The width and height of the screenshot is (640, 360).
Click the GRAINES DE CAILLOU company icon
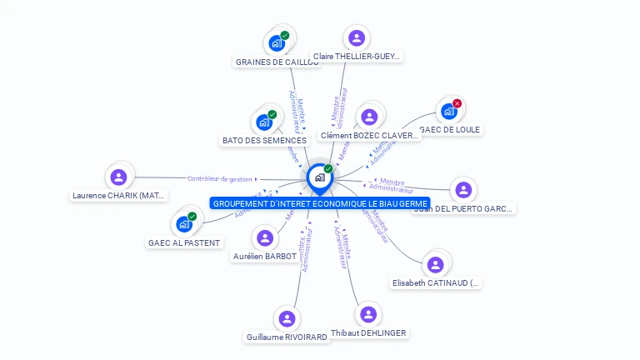pyautogui.click(x=277, y=42)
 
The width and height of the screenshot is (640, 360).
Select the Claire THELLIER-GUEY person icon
pyautogui.click(x=357, y=37)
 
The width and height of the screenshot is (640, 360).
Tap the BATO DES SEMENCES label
pyautogui.click(x=265, y=140)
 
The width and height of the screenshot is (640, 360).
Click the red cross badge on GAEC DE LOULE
pyautogui.click(x=457, y=103)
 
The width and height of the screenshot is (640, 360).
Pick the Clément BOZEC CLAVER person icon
pyautogui.click(x=369, y=117)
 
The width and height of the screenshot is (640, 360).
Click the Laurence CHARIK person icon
pyautogui.click(x=118, y=177)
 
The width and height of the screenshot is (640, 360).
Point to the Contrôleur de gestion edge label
pyautogui.click(x=219, y=178)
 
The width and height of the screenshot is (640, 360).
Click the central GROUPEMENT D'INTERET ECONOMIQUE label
pyautogui.click(x=320, y=203)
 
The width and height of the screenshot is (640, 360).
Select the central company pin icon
pyautogui.click(x=319, y=177)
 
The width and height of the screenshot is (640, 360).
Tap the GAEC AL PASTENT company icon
pyautogui.click(x=184, y=224)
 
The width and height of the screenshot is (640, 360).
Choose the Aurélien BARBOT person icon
pyautogui.click(x=265, y=238)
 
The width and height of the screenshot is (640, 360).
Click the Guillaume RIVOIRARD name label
pyautogui.click(x=287, y=337)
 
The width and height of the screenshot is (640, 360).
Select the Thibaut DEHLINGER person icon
pyautogui.click(x=368, y=314)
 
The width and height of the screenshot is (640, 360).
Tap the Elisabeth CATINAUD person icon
pyautogui.click(x=435, y=265)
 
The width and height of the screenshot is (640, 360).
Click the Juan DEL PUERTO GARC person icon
pyautogui.click(x=463, y=190)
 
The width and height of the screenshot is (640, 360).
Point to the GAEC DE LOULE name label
pyautogui.click(x=451, y=130)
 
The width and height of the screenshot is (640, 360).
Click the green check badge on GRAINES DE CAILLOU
pyautogui.click(x=285, y=36)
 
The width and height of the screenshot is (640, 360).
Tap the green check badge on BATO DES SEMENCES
pyautogui.click(x=272, y=115)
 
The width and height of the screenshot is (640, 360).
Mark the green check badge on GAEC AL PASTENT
pyautogui.click(x=192, y=217)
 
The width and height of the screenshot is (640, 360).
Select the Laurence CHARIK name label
pyautogui.click(x=119, y=196)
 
